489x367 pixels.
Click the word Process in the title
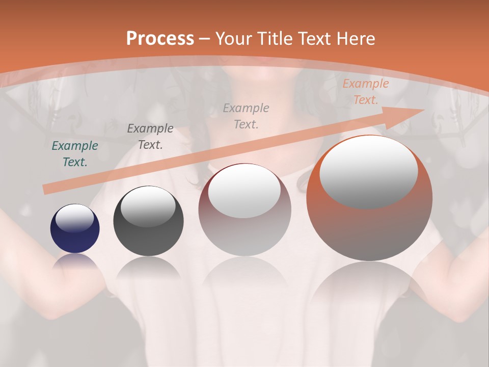[x=160, y=39]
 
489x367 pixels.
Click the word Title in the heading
[x=276, y=39]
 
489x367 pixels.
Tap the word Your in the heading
[x=234, y=39]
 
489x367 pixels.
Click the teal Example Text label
[x=75, y=154]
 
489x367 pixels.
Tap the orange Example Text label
[x=365, y=92]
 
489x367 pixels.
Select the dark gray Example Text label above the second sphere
[x=150, y=137]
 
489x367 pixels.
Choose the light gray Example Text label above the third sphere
[x=246, y=116]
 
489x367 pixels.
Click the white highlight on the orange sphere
[x=368, y=171]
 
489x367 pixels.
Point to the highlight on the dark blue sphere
[x=75, y=218]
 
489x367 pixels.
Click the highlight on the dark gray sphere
[x=148, y=207]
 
